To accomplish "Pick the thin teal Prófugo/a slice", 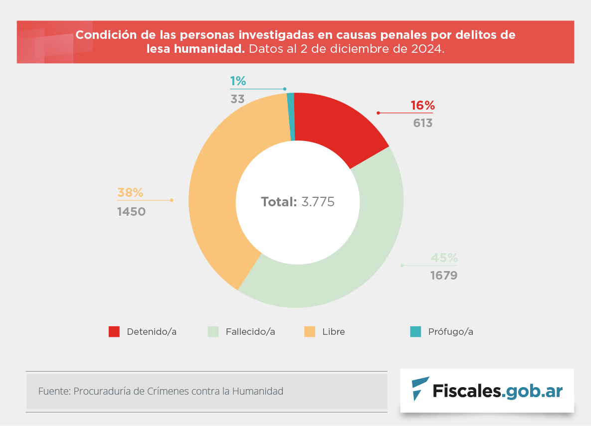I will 291,117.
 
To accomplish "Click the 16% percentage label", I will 423,106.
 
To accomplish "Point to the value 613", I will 423,123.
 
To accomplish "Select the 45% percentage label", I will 444,258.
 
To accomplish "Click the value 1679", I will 444,275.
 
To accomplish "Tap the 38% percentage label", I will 130,192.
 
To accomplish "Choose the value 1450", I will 131,212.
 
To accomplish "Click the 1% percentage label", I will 238,81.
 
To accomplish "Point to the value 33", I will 237,99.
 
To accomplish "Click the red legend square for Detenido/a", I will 114,332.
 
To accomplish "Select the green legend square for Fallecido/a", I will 213,332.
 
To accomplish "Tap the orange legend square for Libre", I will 310,332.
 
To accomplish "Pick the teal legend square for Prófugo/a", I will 415,332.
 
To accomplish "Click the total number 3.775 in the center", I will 318,202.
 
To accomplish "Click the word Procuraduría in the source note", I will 102,391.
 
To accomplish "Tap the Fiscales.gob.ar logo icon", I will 420,389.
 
